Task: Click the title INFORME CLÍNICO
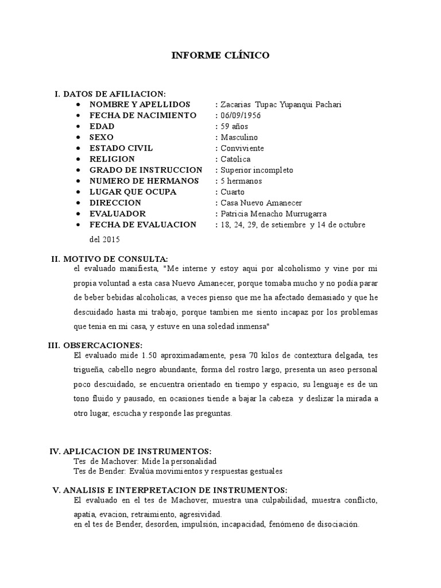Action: point(221,56)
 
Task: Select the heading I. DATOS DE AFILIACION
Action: point(110,94)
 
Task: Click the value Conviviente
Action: point(241,148)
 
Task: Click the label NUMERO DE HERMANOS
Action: point(144,181)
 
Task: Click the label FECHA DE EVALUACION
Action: point(143,225)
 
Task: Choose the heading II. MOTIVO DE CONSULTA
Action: point(110,259)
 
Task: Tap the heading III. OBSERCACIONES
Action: point(95,345)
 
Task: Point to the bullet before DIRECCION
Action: point(78,203)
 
